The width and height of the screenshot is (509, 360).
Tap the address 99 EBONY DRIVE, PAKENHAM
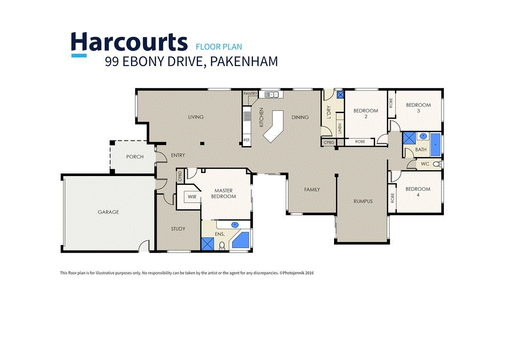191,62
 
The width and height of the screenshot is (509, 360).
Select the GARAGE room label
108,212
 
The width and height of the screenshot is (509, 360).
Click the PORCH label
135,157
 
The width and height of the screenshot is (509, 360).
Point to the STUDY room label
178,229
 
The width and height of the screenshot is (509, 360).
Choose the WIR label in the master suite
191,197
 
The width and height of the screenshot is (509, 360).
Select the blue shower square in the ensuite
207,243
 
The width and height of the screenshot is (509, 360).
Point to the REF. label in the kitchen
247,140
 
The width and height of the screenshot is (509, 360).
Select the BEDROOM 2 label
366,114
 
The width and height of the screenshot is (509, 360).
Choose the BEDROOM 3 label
418,108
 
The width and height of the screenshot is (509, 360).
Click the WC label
425,164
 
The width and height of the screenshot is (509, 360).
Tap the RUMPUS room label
363,201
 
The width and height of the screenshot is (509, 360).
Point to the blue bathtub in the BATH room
435,143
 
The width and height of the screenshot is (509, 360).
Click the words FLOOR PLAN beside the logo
219,47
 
